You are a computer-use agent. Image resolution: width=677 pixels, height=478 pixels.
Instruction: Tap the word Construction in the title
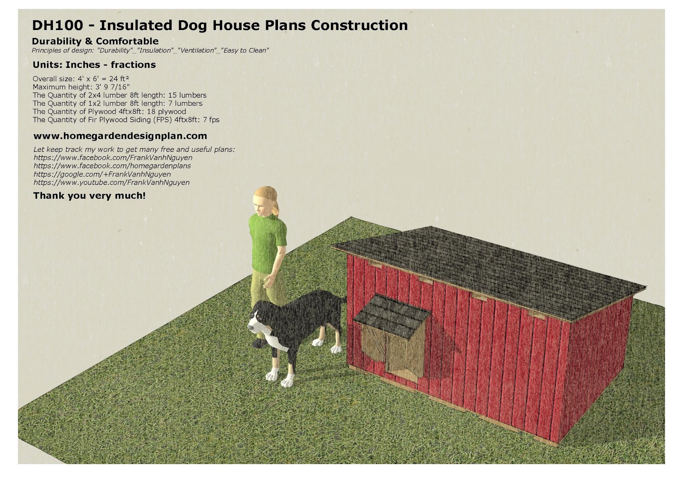click(359, 25)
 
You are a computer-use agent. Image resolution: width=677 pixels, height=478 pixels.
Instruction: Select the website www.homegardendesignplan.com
click(120, 136)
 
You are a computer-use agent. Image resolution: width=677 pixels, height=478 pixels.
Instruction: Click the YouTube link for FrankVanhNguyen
click(111, 183)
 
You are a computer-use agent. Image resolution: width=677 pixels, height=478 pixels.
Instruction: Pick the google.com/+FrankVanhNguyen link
click(102, 174)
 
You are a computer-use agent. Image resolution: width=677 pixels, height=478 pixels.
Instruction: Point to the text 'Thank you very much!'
click(89, 196)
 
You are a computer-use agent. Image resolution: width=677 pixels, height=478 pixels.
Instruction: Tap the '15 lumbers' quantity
click(187, 95)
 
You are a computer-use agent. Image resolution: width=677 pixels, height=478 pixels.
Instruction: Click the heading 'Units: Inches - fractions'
click(94, 65)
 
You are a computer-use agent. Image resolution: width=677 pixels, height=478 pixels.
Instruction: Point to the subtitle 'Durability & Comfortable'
click(95, 41)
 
